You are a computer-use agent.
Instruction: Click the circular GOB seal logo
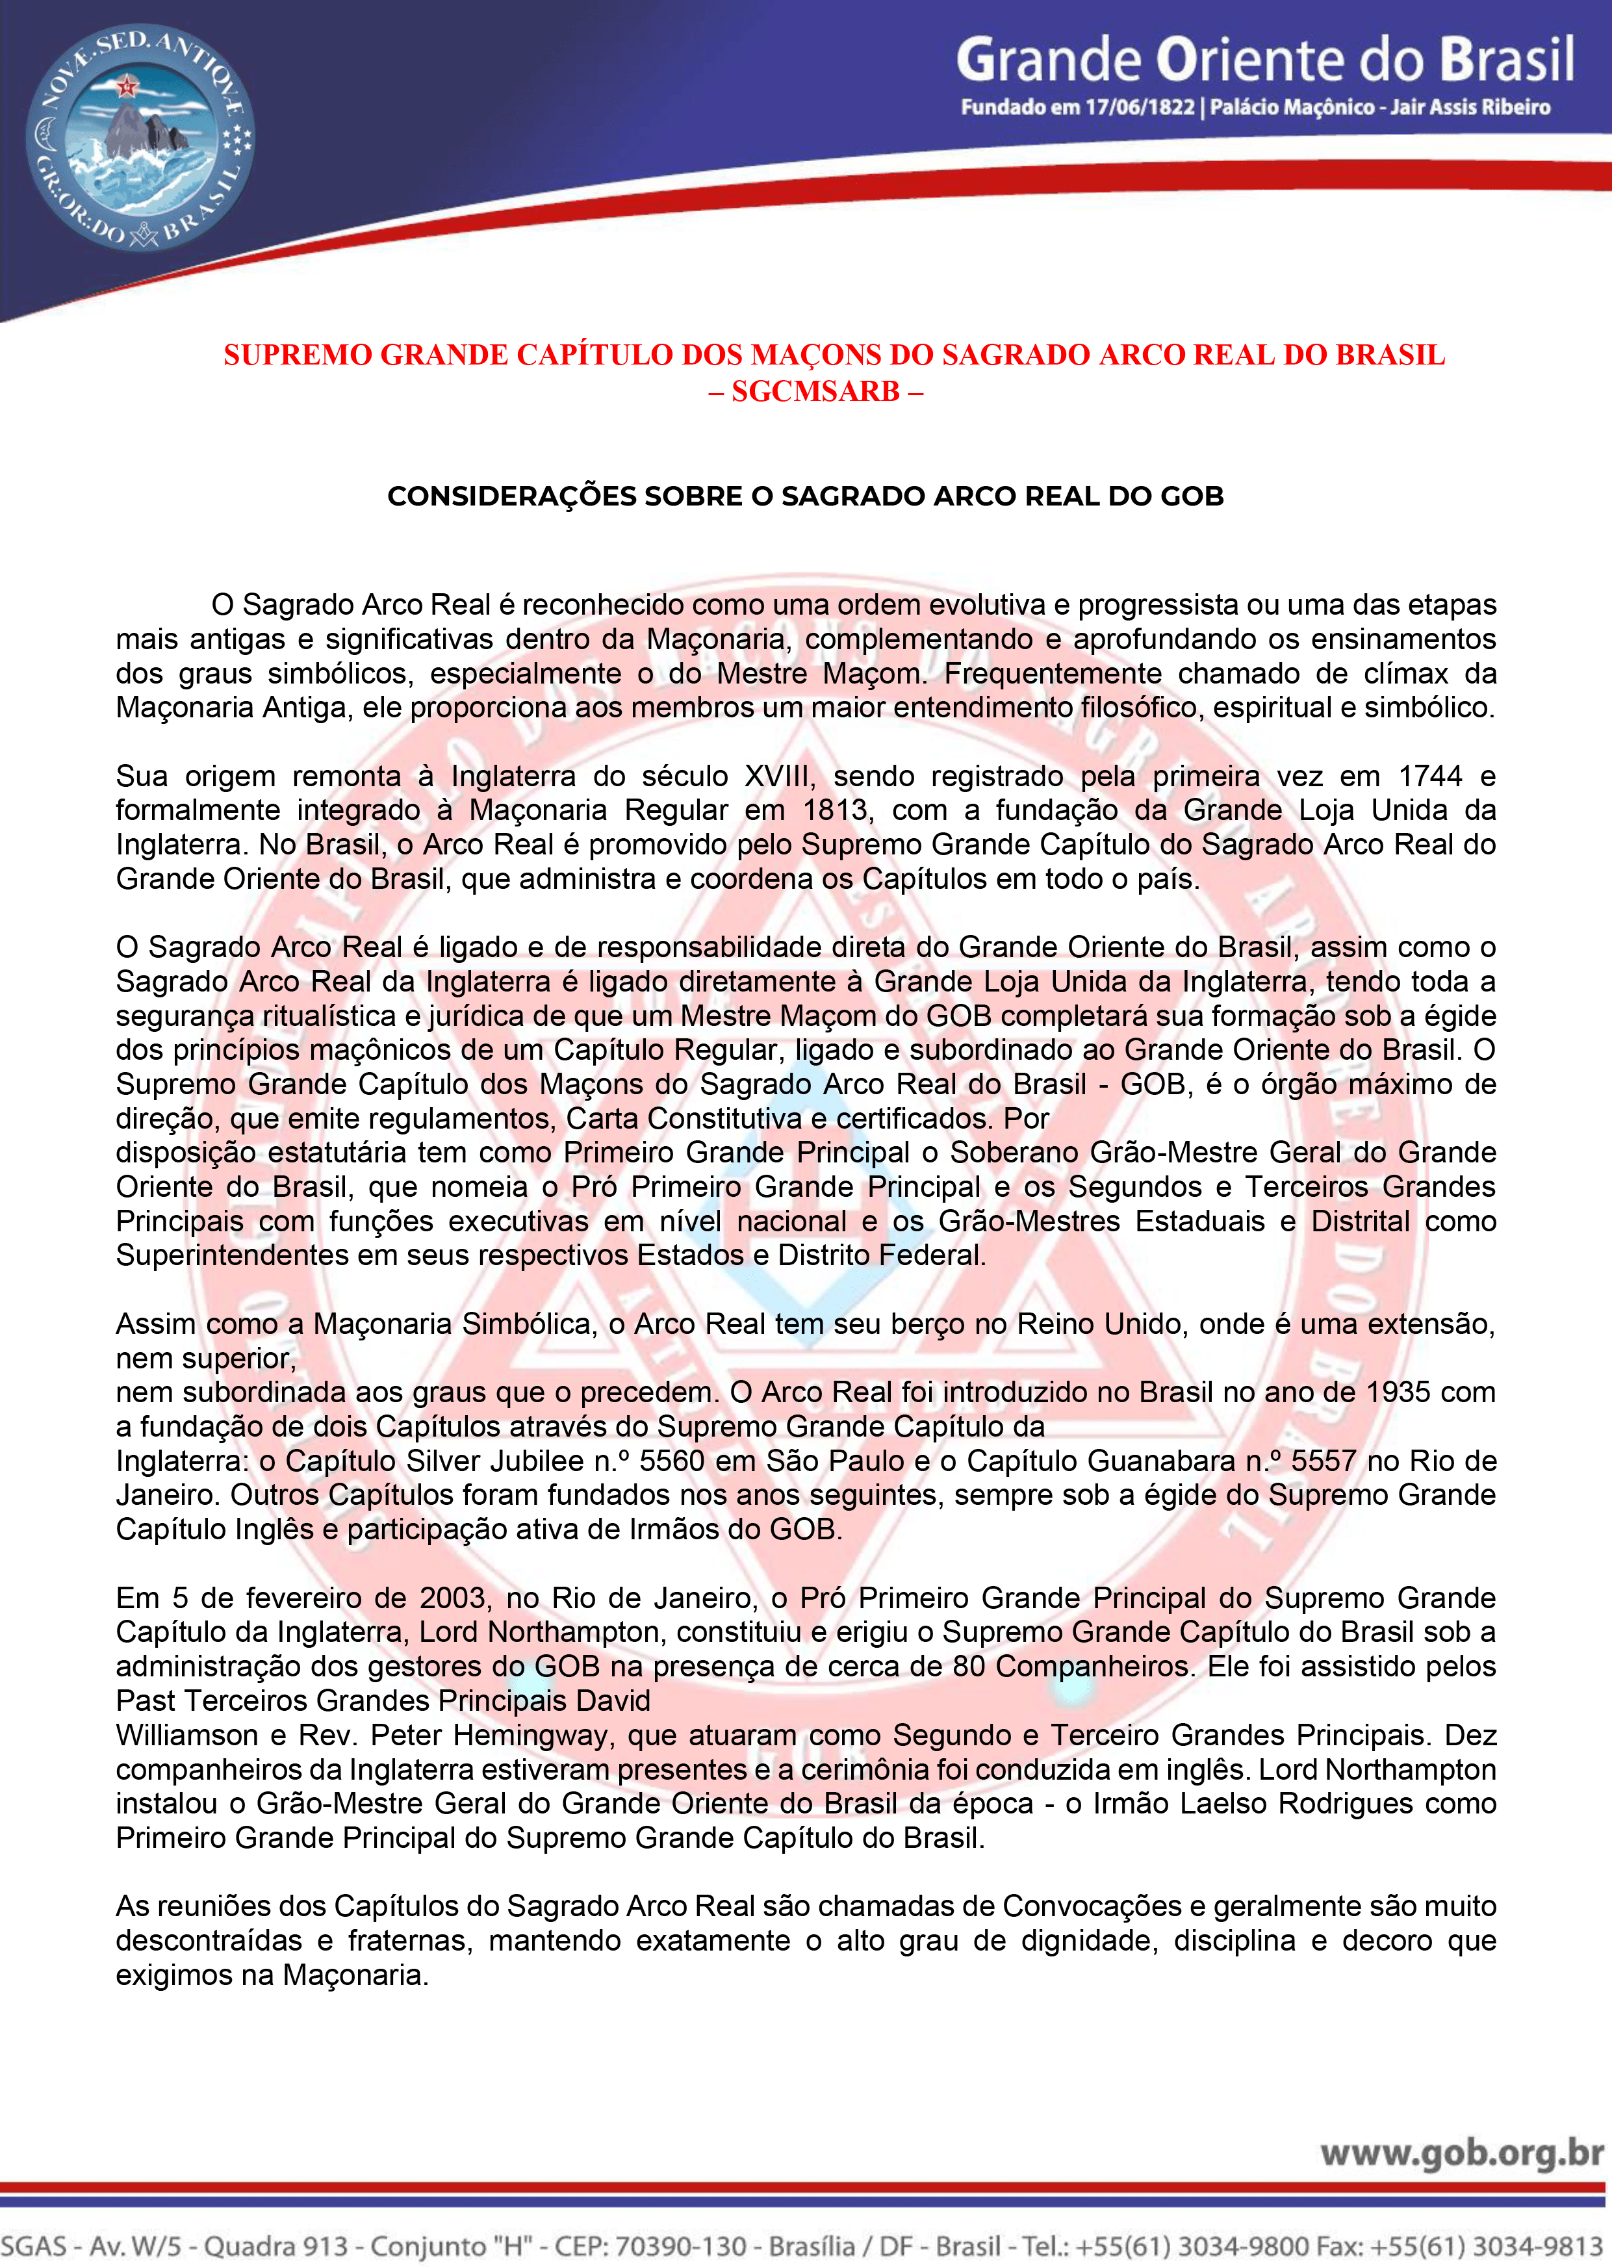pyautogui.click(x=140, y=138)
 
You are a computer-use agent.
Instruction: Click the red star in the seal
pyautogui.click(x=126, y=86)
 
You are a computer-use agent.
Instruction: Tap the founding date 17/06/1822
pyautogui.click(x=1140, y=107)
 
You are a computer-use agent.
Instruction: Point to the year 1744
pyautogui.click(x=1430, y=776)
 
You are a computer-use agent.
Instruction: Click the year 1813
pyautogui.click(x=837, y=811)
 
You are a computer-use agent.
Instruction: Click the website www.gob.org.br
pyautogui.click(x=1461, y=2154)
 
